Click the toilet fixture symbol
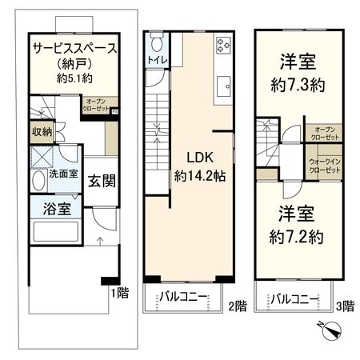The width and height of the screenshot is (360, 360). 157,42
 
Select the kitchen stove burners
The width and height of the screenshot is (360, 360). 222,46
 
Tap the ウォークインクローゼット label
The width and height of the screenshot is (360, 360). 324,166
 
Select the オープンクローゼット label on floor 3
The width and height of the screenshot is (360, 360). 325,132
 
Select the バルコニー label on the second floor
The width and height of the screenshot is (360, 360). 182,300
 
